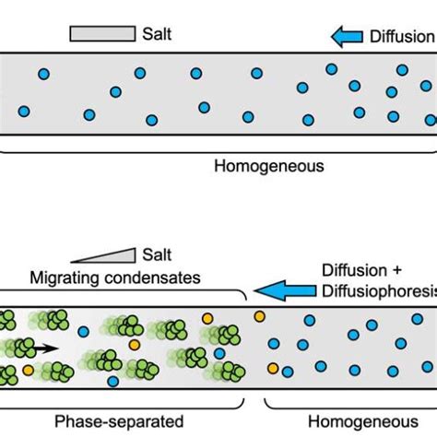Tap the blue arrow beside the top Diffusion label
[347, 36]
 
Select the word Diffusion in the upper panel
[400, 36]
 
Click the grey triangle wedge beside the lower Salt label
[105, 254]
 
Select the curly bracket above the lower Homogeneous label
[350, 402]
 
